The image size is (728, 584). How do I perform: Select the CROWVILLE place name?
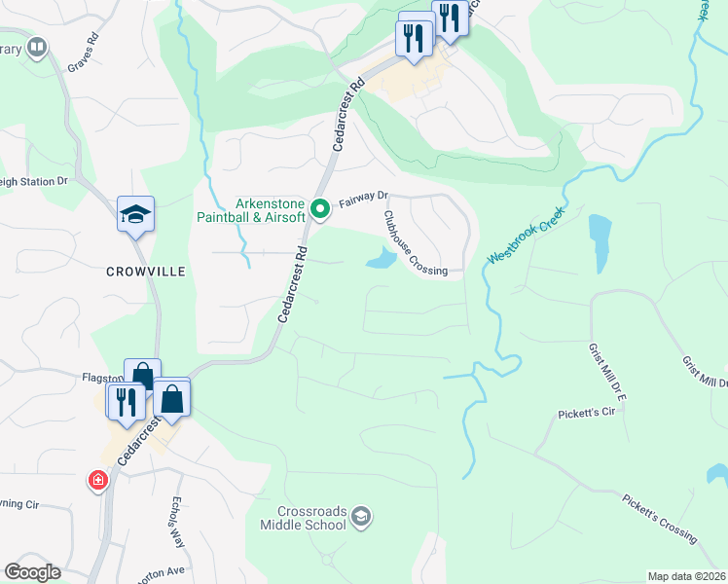pyautogui.click(x=145, y=274)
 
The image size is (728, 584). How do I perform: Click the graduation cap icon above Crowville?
pyautogui.click(x=135, y=216)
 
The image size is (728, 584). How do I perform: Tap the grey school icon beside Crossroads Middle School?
pyautogui.click(x=361, y=515)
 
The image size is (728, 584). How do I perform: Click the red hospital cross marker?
pyautogui.click(x=97, y=480)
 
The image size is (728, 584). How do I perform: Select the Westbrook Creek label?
pyautogui.click(x=527, y=240)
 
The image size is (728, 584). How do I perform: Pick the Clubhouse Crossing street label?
pyautogui.click(x=415, y=244)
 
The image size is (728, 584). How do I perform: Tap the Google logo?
pyautogui.click(x=32, y=572)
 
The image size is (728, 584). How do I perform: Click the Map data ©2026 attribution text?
pyautogui.click(x=686, y=576)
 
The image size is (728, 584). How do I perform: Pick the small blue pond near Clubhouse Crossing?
pyautogui.click(x=381, y=259)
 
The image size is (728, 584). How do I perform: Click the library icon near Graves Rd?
pyautogui.click(x=37, y=46)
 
